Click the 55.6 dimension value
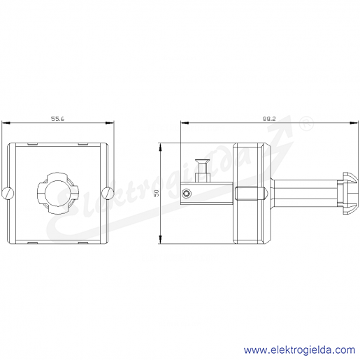click(57, 119)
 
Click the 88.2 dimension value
click(269, 119)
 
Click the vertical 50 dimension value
click(157, 193)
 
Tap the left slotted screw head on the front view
click(8, 193)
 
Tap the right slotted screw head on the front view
click(108, 193)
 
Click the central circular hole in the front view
click(56, 193)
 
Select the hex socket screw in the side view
click(187, 193)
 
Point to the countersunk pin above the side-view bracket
click(203, 171)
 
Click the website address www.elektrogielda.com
click(299, 350)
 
